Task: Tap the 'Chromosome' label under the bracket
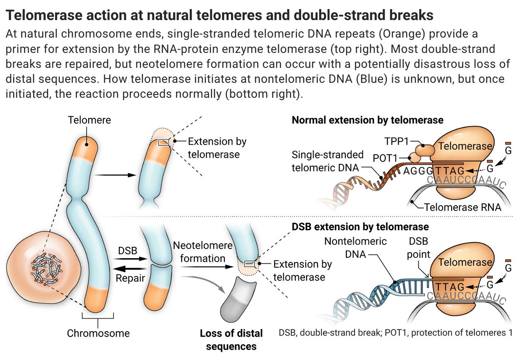pos(98,333)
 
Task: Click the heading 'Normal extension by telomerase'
pos(367,120)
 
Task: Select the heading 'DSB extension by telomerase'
pos(360,227)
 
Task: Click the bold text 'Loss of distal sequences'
pos(231,340)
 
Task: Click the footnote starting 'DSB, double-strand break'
pos(395,332)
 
